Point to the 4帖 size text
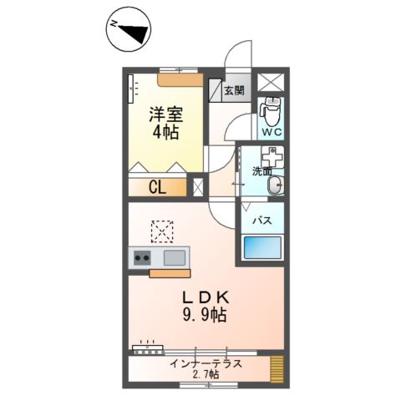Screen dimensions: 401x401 coord(165,132)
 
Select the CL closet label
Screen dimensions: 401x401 coord(157,187)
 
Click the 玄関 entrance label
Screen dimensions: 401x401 coord(235,90)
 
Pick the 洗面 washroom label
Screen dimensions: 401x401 coord(263,172)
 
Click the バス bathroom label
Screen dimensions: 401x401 coord(261,221)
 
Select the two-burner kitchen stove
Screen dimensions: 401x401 coord(140,258)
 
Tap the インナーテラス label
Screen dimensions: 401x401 coord(206,363)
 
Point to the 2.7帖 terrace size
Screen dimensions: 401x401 coord(206,375)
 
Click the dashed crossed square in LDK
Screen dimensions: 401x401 coord(161,229)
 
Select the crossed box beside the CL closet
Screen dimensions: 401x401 coord(198,187)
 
